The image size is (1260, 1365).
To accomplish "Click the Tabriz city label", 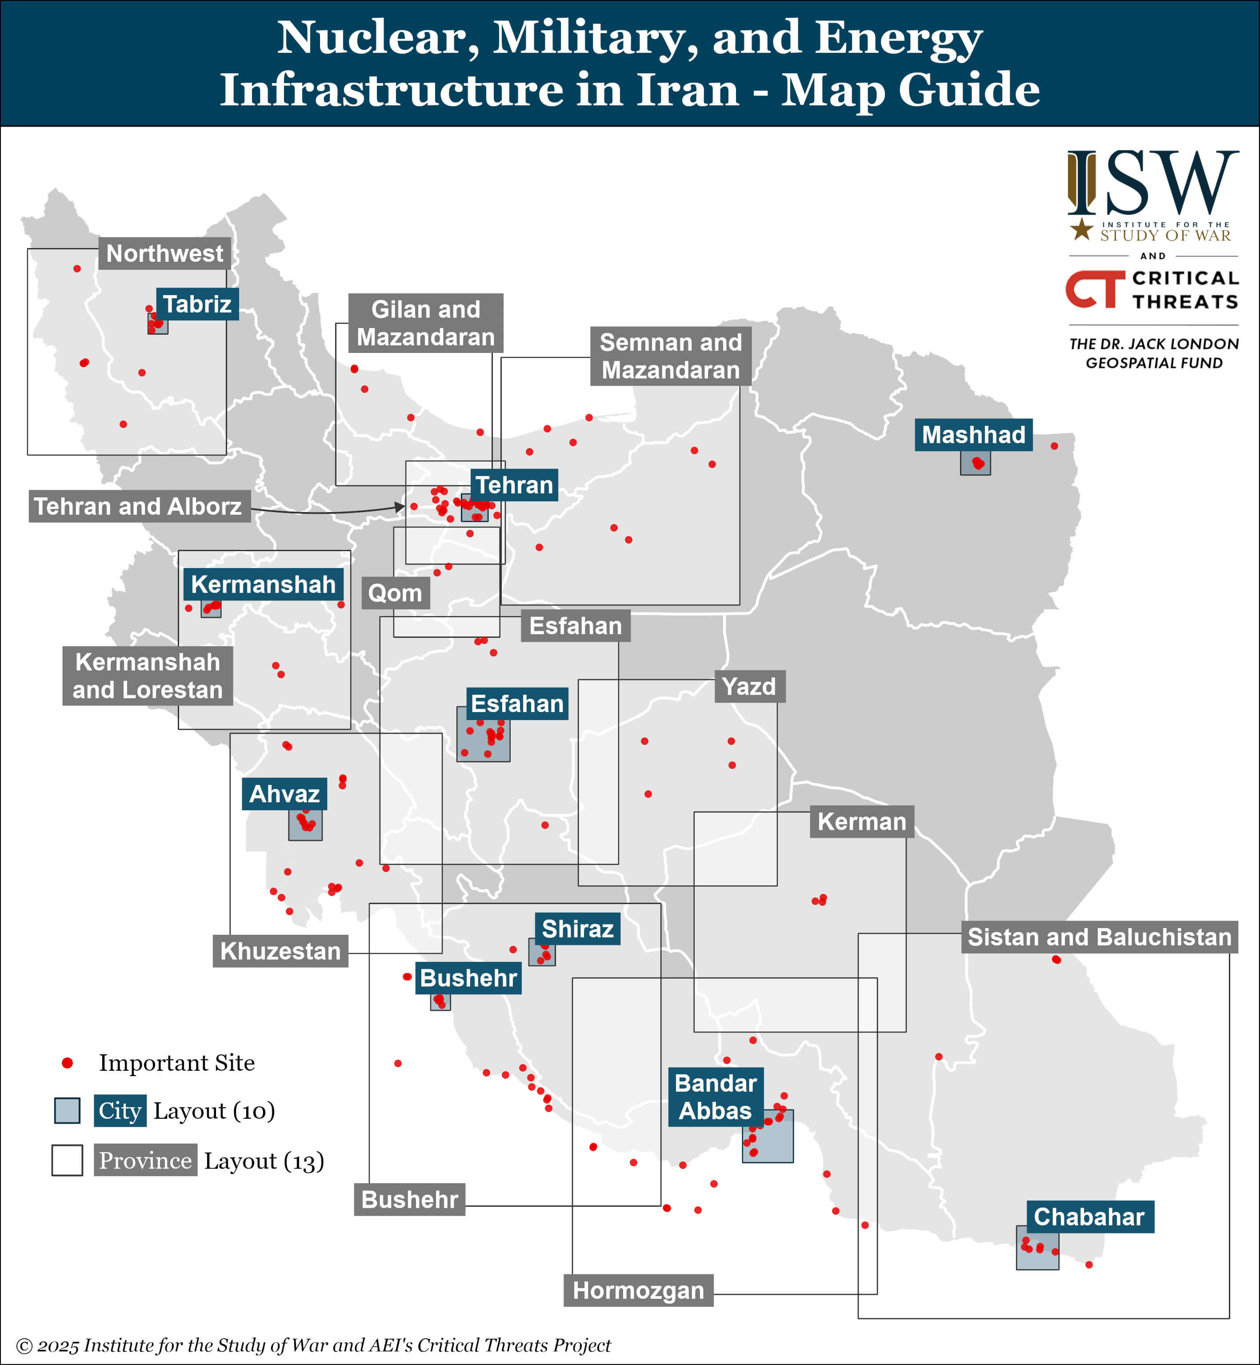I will [x=197, y=304].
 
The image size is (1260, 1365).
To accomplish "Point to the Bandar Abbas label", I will [x=715, y=1097].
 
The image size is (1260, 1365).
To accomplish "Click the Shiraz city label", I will [x=577, y=929].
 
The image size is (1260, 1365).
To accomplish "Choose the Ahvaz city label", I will [x=284, y=794].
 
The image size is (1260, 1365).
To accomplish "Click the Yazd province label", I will [x=748, y=687].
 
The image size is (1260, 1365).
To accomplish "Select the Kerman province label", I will [x=861, y=821].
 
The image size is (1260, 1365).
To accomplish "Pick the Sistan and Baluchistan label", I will [x=1099, y=937].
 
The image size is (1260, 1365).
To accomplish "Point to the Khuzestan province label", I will [x=280, y=951].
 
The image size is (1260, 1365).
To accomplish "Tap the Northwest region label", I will [x=164, y=254].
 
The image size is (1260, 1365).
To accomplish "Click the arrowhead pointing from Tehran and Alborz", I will [x=400, y=507].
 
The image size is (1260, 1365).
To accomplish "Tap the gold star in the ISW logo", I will [x=1081, y=230].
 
